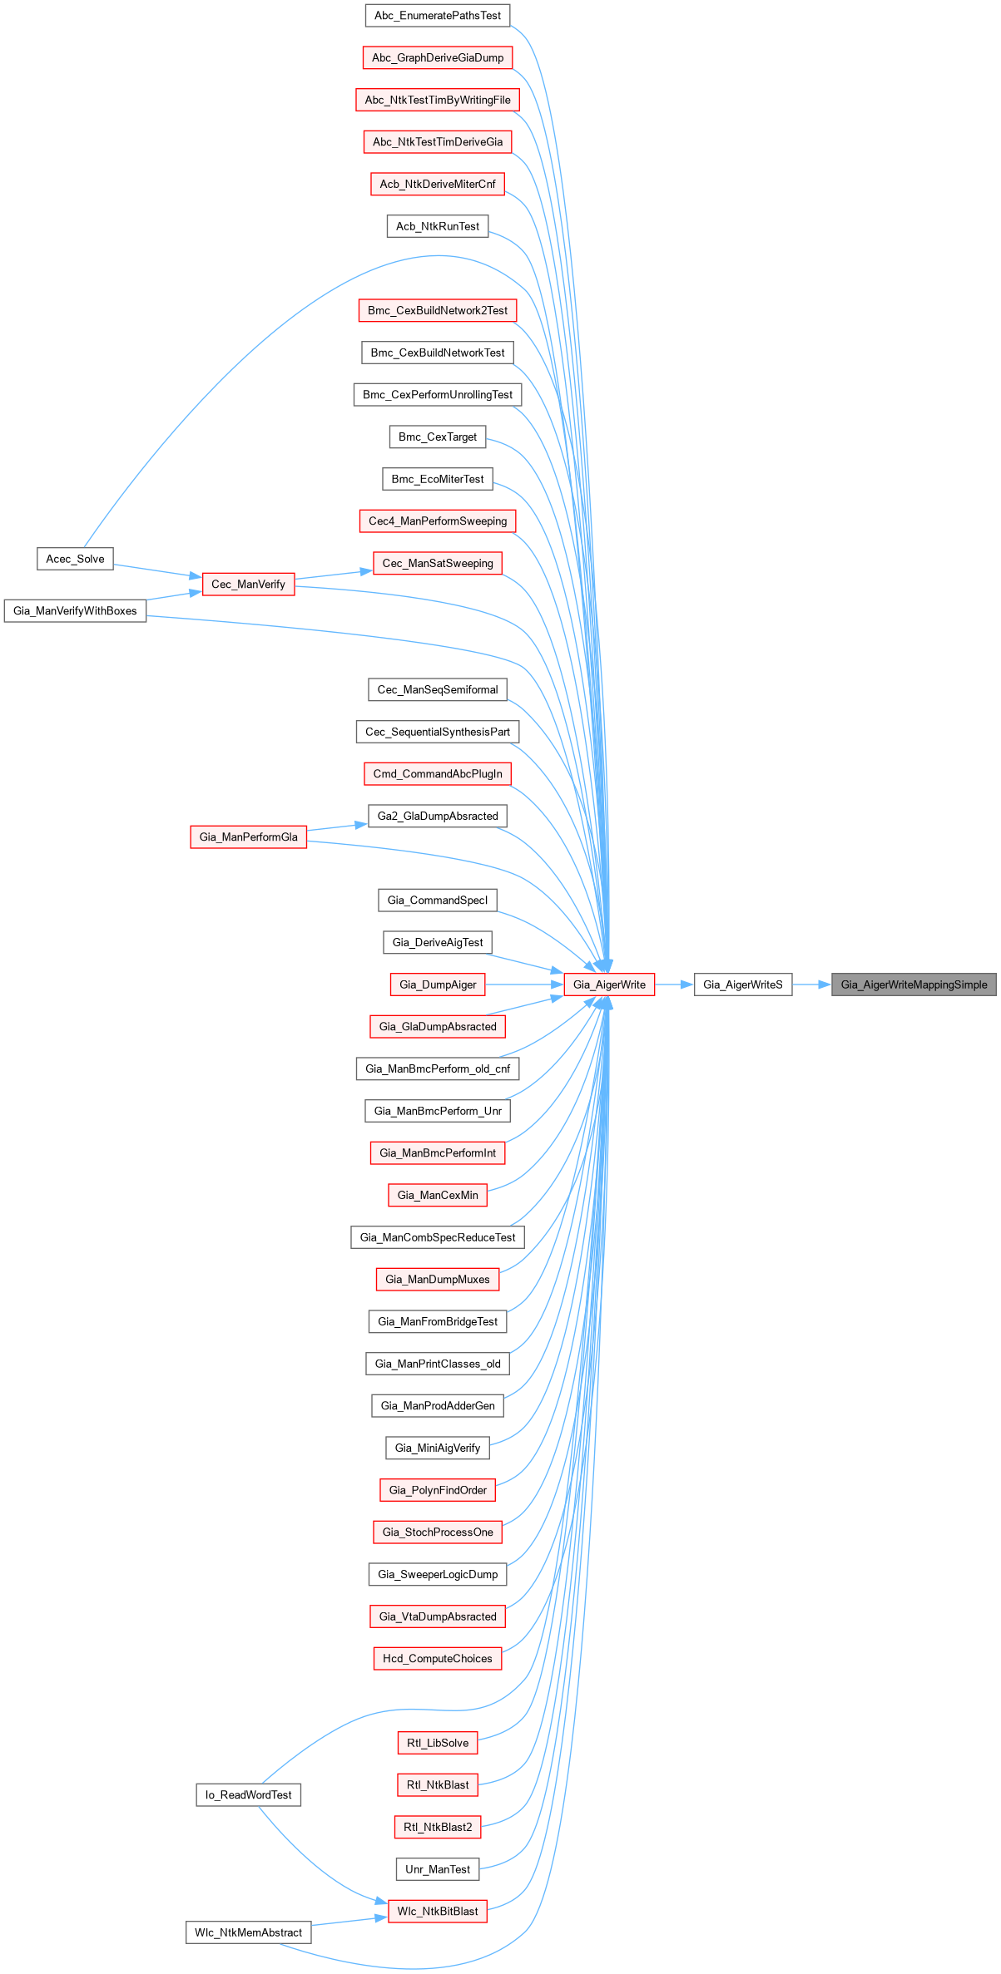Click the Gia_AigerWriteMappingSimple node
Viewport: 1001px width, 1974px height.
[914, 985]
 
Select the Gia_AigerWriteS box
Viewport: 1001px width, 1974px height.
[743, 985]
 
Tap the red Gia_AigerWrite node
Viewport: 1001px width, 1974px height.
[609, 985]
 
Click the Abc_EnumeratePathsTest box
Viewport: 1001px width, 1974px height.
[438, 16]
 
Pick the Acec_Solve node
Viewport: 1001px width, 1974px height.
[75, 559]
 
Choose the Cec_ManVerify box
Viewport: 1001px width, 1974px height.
[248, 585]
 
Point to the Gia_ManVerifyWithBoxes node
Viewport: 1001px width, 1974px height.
[75, 611]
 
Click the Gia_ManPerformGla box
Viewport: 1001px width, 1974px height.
[248, 837]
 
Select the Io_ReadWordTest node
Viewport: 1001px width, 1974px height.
[248, 1795]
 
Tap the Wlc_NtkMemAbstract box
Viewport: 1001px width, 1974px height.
[248, 1932]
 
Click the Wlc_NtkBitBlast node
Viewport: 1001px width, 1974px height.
[438, 1912]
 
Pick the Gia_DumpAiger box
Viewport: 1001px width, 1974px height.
[438, 985]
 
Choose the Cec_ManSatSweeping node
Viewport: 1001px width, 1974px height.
[438, 563]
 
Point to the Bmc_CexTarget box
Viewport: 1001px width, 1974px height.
[438, 437]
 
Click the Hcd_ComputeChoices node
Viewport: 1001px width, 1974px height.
[438, 1658]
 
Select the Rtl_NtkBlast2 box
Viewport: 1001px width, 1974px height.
[438, 1827]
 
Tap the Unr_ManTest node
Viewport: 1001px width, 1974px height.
[438, 1869]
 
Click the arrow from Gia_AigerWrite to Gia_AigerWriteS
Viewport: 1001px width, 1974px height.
[674, 985]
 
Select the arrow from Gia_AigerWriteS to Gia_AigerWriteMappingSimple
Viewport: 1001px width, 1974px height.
[811, 985]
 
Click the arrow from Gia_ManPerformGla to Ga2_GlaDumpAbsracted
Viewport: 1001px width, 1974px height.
[337, 827]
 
